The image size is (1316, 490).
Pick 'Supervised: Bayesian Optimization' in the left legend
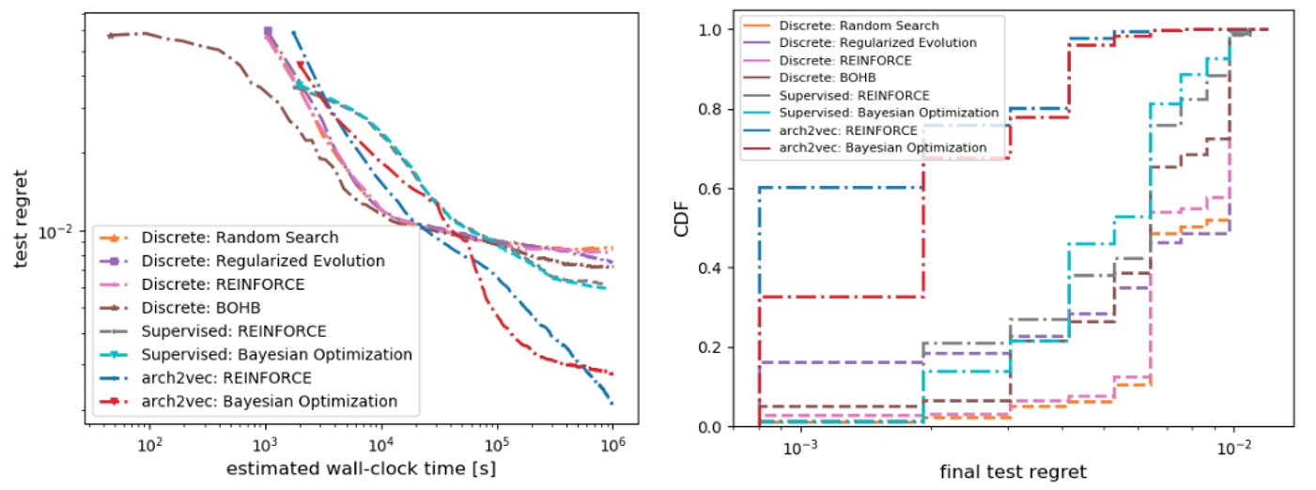click(276, 355)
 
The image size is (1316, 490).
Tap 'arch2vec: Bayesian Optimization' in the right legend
click(883, 147)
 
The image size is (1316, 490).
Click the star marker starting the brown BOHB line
click(110, 36)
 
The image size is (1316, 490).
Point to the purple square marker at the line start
click(268, 31)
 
